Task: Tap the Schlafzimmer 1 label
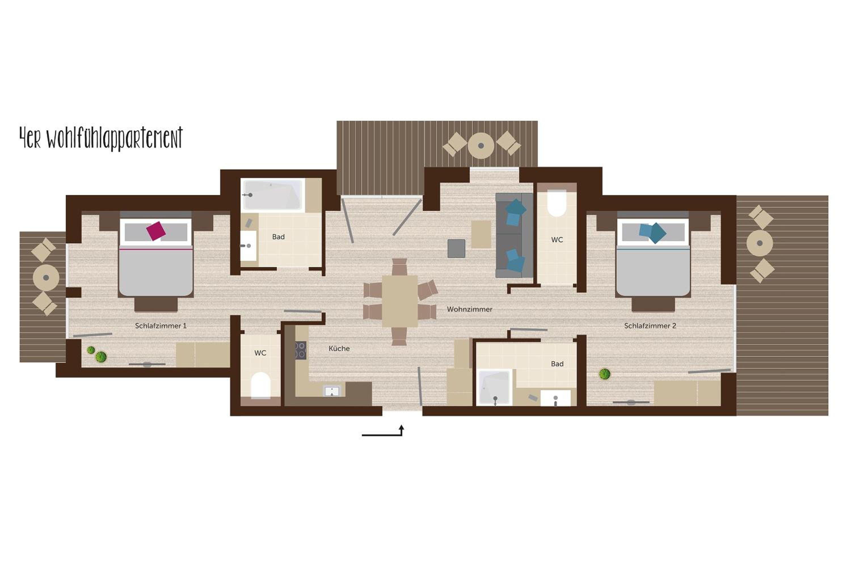[x=161, y=326]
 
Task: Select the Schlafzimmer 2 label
[x=650, y=326]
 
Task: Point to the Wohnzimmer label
[x=469, y=309]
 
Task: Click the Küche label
[x=339, y=349]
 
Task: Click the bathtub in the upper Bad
[x=272, y=194]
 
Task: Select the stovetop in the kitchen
[x=301, y=350]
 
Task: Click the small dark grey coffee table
[x=456, y=248]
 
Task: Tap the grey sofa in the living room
[x=514, y=235]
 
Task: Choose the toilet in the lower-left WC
[x=260, y=386]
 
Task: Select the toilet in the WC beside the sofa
[x=557, y=203]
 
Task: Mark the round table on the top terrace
[x=481, y=146]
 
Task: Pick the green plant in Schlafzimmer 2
[x=604, y=374]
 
